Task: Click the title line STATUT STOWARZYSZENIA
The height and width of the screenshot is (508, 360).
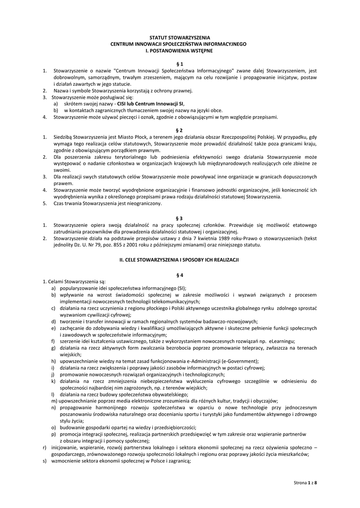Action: (180, 38)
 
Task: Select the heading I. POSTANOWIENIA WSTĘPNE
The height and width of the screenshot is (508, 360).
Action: (180, 51)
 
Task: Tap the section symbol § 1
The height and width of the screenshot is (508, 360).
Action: (180, 64)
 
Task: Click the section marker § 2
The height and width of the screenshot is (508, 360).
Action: (180, 130)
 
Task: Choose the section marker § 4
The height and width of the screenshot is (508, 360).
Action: (180, 275)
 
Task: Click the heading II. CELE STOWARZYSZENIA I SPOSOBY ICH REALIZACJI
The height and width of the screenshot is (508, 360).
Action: (180, 259)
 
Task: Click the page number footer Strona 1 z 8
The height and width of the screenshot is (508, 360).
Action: (305, 482)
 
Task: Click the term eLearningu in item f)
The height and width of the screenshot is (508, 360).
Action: (283, 341)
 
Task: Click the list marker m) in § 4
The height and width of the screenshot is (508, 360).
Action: (54, 401)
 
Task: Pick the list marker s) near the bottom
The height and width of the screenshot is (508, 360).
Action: (45, 460)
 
